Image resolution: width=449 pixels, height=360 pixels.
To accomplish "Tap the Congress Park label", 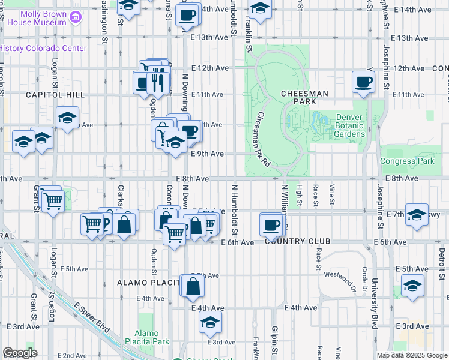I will coord(406,161).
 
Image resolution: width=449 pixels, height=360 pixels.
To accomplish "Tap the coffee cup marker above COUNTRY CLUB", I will coord(271,225).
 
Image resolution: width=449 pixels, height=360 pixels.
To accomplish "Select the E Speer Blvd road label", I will coord(93,317).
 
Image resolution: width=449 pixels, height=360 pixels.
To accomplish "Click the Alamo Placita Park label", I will coord(146,338).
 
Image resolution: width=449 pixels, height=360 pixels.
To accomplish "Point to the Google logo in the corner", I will coord(20,353).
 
